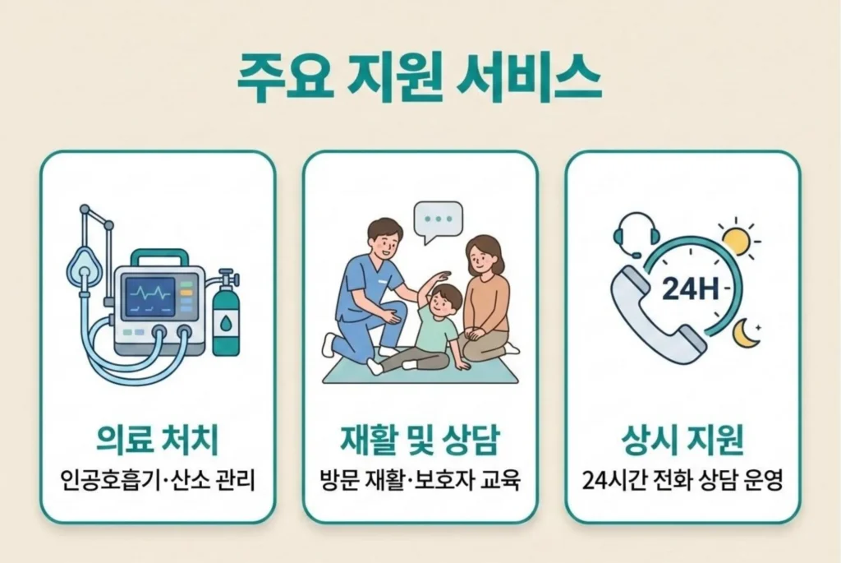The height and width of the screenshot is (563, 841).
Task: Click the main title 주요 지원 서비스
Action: click(419, 79)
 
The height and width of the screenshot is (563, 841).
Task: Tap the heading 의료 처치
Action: click(157, 441)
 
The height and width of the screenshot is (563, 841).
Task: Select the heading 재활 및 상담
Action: click(420, 441)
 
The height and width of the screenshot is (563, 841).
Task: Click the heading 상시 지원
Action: click(682, 441)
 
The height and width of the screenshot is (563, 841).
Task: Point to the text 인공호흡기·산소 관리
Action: click(157, 479)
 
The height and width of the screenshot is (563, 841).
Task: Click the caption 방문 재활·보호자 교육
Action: click(420, 479)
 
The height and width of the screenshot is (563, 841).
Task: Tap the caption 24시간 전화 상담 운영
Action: click(682, 479)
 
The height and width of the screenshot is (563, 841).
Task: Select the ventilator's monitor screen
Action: click(149, 293)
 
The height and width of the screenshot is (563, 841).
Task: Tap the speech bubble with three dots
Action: click(438, 220)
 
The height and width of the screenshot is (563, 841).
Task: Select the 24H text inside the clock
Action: click(685, 288)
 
